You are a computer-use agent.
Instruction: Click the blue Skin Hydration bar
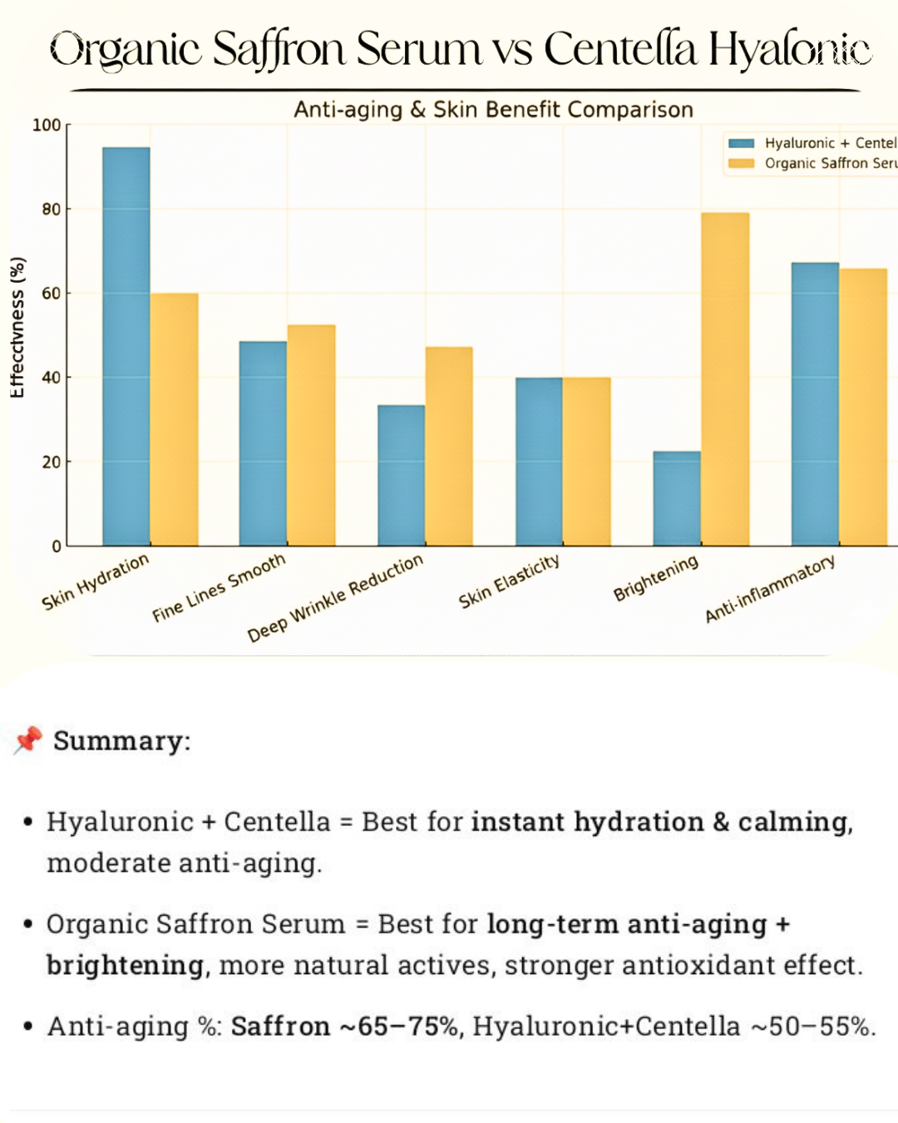(126, 346)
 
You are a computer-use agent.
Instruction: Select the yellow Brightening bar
(725, 379)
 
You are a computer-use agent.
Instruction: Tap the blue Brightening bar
(677, 498)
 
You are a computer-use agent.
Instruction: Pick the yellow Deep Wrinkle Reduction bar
(449, 446)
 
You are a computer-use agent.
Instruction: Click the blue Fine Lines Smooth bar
(263, 443)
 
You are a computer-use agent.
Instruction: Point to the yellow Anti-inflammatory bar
(863, 407)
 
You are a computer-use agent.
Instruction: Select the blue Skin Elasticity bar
(539, 462)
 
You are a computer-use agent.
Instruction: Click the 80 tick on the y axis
(52, 210)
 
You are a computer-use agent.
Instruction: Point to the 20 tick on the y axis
(52, 463)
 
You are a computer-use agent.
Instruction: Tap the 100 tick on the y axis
(47, 126)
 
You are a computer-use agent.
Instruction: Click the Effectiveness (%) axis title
(17, 327)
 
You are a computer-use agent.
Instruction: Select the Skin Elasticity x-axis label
(509, 581)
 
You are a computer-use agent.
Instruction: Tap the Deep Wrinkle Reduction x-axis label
(335, 598)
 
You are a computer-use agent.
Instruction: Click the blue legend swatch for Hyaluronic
(741, 143)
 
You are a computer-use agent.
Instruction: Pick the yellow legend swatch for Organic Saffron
(741, 164)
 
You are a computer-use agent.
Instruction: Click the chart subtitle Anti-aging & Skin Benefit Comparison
(493, 110)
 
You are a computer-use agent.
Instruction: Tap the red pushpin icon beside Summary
(27, 740)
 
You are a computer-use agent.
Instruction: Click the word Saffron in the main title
(279, 50)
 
